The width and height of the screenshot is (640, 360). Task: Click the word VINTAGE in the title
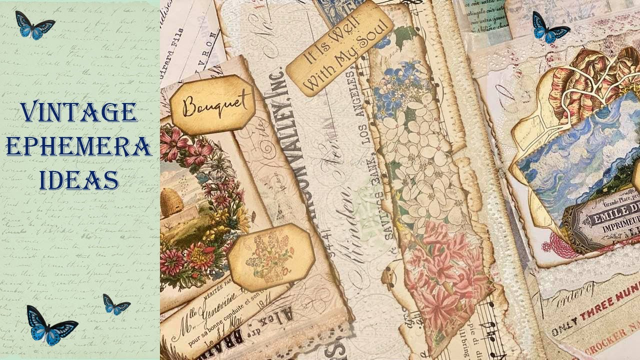(x=79, y=112)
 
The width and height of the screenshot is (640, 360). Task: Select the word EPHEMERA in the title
(x=79, y=146)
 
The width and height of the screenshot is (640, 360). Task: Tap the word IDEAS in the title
(x=79, y=179)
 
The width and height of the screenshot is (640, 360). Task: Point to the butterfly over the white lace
(x=550, y=27)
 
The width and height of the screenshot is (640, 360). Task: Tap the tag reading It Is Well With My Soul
(x=339, y=48)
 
